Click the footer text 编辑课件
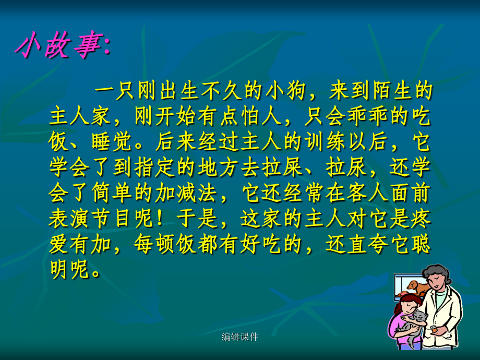240,337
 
